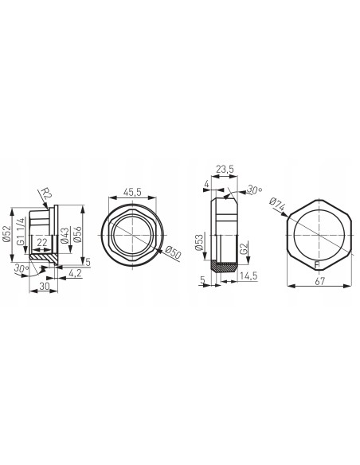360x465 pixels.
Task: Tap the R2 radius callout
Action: tap(45, 195)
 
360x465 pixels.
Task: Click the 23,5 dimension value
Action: tap(224, 170)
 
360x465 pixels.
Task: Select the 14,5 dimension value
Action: tap(247, 276)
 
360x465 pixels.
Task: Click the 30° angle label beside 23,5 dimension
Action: tap(254, 190)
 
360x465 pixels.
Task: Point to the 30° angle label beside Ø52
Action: tap(19, 269)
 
